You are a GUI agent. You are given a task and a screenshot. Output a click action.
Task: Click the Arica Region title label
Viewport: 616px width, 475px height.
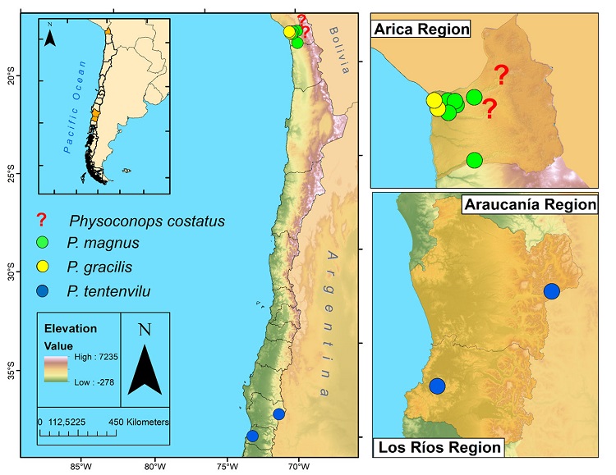421,30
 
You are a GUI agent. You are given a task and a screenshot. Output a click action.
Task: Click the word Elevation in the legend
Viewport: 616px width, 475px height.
71,328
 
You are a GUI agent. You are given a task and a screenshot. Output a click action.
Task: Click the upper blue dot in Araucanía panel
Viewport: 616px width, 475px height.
551,290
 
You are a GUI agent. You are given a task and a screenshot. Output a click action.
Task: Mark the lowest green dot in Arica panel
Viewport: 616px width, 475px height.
475,160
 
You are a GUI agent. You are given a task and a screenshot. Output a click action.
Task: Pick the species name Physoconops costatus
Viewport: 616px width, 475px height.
147,221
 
